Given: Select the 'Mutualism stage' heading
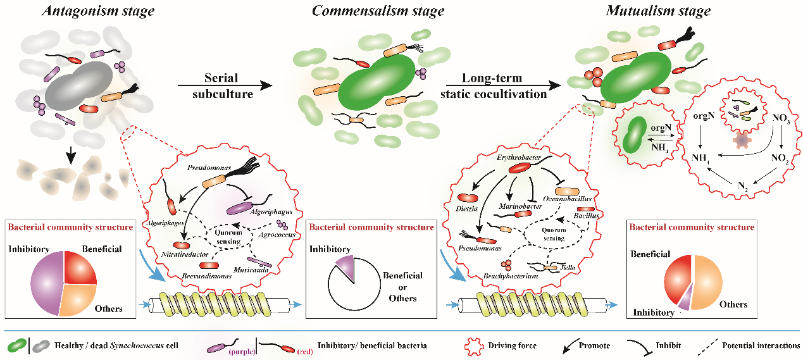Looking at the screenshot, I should tap(658, 11).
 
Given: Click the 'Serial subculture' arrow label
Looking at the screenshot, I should tap(221, 85).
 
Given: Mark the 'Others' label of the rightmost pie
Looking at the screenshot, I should tap(733, 304).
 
